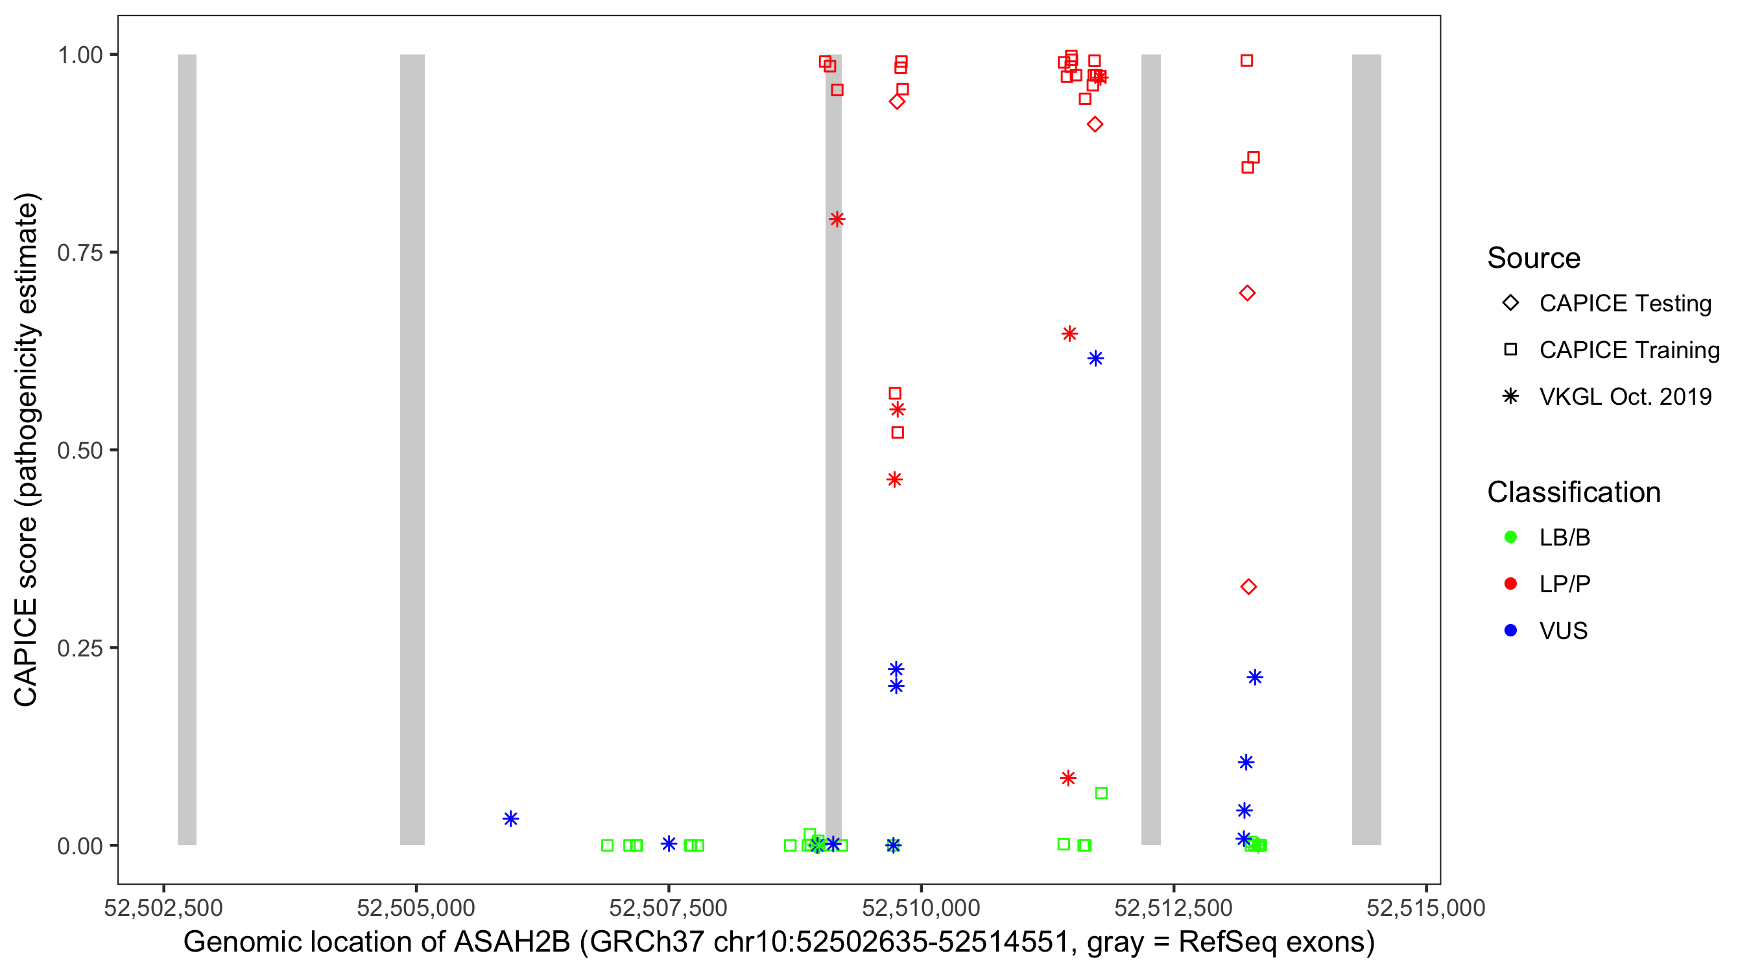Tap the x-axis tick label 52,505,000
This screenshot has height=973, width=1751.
[x=416, y=907]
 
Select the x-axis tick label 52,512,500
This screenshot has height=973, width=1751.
[x=1173, y=907]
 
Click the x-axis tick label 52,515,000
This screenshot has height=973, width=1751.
[x=1425, y=907]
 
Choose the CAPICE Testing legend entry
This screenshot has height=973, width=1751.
[x=1625, y=304]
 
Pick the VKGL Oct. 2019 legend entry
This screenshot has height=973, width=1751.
[x=1625, y=396]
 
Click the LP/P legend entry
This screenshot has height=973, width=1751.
[x=1564, y=584]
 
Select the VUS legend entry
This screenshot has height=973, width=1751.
[x=1563, y=631]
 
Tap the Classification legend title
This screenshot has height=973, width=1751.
[x=1573, y=492]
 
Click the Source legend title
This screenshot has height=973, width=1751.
[x=1534, y=258]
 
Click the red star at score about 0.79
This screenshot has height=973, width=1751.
[x=837, y=219]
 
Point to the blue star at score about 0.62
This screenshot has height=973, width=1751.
[x=1095, y=358]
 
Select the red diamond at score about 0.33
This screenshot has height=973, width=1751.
[x=1248, y=587]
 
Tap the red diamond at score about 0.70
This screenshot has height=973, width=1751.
[x=1246, y=293]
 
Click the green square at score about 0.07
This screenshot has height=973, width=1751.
[x=1101, y=793]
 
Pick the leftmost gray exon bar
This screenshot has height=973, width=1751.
[x=187, y=449]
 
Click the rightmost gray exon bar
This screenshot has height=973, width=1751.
[x=1366, y=449]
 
